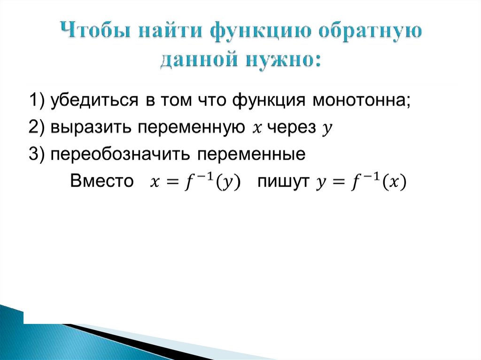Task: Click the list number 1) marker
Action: [37, 101]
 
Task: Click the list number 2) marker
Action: [37, 128]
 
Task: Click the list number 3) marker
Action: [37, 154]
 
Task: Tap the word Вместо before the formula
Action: [102, 181]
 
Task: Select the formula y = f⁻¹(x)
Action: [361, 182]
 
